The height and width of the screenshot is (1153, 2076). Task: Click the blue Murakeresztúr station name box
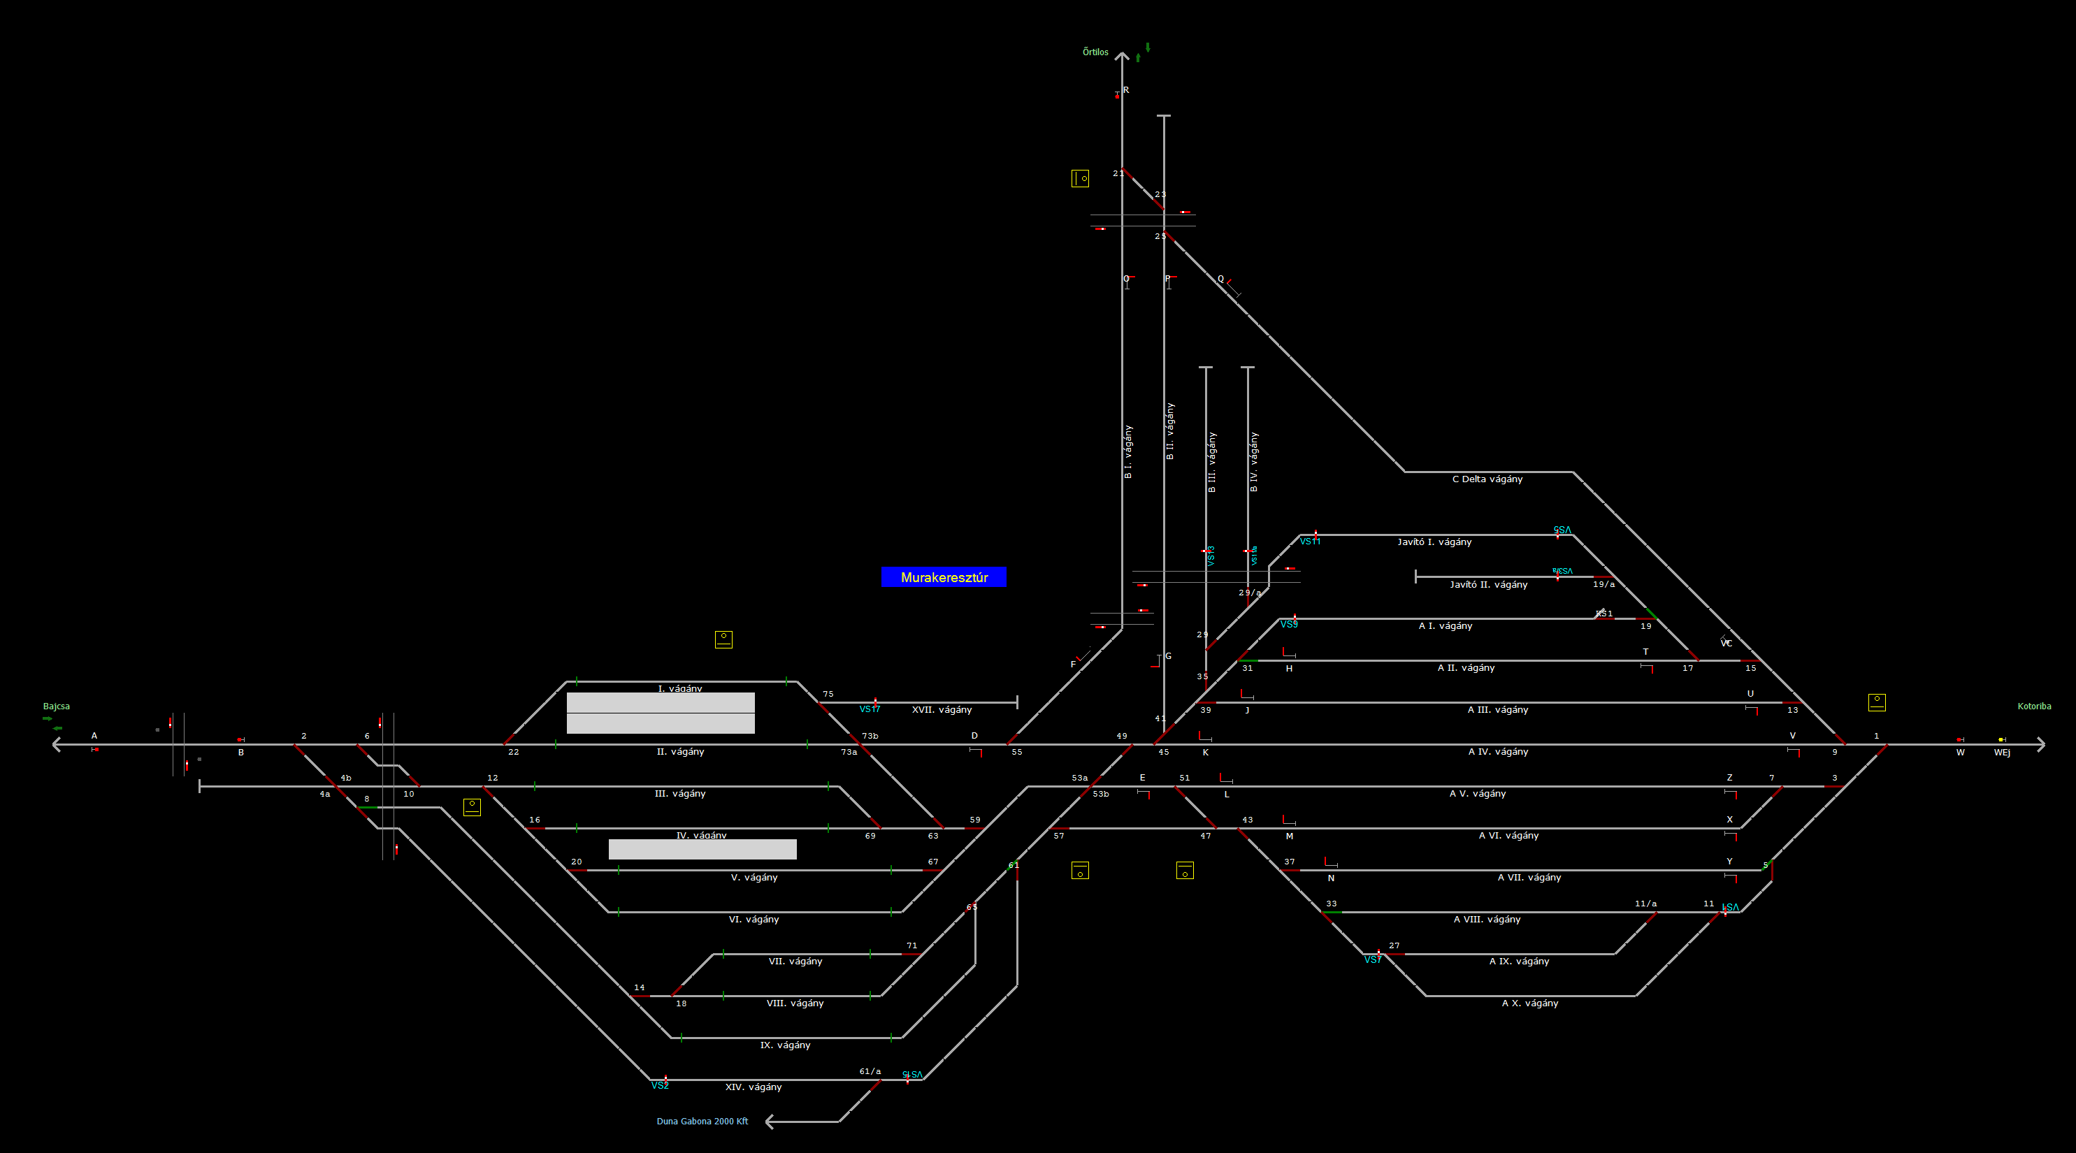[x=944, y=577]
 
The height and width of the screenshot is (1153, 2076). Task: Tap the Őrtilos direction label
[x=1095, y=52]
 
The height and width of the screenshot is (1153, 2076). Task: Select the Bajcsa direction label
[x=57, y=706]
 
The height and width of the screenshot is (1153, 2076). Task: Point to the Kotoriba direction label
[x=2034, y=706]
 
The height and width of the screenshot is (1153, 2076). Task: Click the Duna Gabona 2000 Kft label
[x=702, y=1122]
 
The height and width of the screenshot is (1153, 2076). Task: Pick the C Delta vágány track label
[x=1487, y=479]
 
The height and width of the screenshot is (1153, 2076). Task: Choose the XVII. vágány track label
[x=942, y=710]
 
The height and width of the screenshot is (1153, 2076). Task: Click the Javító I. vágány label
[x=1434, y=542]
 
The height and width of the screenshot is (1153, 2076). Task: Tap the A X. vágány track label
[x=1529, y=1003]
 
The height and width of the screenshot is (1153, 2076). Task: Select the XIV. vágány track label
[x=753, y=1087]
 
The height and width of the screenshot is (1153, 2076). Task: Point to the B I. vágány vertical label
[x=1127, y=452]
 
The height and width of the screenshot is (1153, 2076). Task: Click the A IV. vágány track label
[x=1498, y=752]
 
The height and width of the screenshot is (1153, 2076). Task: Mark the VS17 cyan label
[x=870, y=710]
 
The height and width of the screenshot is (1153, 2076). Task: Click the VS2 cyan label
[x=660, y=1086]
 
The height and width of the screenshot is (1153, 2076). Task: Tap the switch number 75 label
[x=828, y=694]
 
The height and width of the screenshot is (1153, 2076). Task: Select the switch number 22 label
[x=513, y=752]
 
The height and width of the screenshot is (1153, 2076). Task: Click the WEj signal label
[x=2002, y=753]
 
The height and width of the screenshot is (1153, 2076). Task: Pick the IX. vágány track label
[x=785, y=1045]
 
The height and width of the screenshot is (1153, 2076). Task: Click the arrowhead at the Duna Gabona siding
[x=770, y=1121]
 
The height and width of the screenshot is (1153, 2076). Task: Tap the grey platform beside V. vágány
[x=702, y=849]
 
